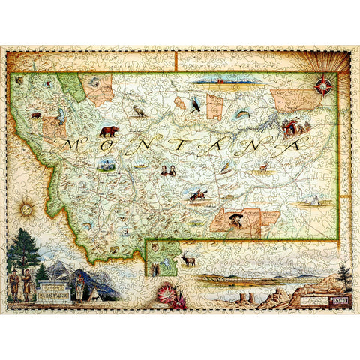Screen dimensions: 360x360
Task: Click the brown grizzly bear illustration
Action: pos(109,131)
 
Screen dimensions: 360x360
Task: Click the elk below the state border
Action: pos(188,259)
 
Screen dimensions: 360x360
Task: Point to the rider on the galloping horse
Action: pos(199,195)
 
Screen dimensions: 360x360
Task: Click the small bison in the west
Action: pos(35,116)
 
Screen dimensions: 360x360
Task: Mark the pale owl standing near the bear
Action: pos(138,111)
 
